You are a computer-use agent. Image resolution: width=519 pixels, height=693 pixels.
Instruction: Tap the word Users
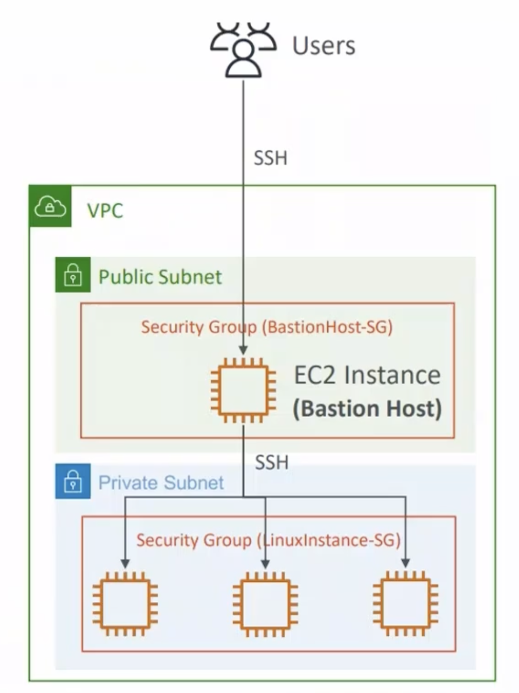click(x=324, y=46)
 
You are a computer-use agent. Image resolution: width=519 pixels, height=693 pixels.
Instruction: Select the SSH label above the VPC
click(x=270, y=158)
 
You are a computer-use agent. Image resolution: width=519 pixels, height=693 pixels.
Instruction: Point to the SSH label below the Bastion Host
click(x=272, y=462)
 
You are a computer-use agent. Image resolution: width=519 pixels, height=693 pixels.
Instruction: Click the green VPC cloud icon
click(x=50, y=207)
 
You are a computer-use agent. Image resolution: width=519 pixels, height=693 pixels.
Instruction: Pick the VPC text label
click(x=105, y=211)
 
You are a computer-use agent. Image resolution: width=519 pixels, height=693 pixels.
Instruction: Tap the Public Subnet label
click(x=160, y=277)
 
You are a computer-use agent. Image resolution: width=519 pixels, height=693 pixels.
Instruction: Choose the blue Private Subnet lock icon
click(x=73, y=481)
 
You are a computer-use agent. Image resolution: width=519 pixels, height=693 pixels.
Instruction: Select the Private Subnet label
click(x=161, y=483)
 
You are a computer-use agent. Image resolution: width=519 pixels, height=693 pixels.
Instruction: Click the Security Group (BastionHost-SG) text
click(x=267, y=327)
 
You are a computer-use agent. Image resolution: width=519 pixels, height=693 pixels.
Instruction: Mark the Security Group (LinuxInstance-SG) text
click(x=268, y=540)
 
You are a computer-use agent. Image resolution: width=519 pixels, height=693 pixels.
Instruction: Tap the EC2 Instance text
click(x=367, y=375)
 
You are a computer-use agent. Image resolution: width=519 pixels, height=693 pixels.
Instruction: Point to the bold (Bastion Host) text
click(x=367, y=409)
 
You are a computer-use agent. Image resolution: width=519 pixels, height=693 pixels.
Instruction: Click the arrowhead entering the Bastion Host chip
click(x=244, y=351)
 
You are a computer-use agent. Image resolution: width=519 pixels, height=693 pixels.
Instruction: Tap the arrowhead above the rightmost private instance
click(x=405, y=563)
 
